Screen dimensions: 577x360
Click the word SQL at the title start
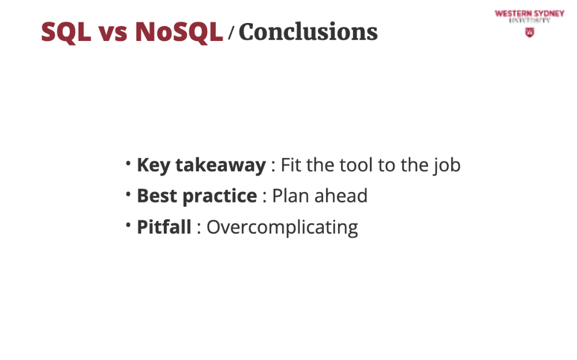[x=66, y=32]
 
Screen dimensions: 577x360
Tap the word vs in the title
[x=113, y=33]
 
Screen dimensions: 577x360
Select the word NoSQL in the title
[x=179, y=32]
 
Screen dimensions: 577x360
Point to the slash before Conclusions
[x=231, y=33]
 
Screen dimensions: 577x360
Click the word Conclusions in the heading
[x=308, y=32]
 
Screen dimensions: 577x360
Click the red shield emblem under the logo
[x=530, y=32]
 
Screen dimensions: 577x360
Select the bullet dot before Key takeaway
[x=128, y=163]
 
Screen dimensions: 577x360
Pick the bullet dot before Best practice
[x=128, y=194]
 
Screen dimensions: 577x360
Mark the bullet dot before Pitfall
[x=128, y=224]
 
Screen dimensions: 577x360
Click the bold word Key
[x=153, y=165]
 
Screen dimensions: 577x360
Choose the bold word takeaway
[x=221, y=165]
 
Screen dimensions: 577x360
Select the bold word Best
[x=157, y=196]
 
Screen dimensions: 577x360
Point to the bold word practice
[x=220, y=197]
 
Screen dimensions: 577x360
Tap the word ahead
[x=341, y=196]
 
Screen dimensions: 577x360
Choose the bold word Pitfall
[x=164, y=227]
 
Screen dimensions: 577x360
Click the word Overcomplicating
[x=282, y=227]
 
